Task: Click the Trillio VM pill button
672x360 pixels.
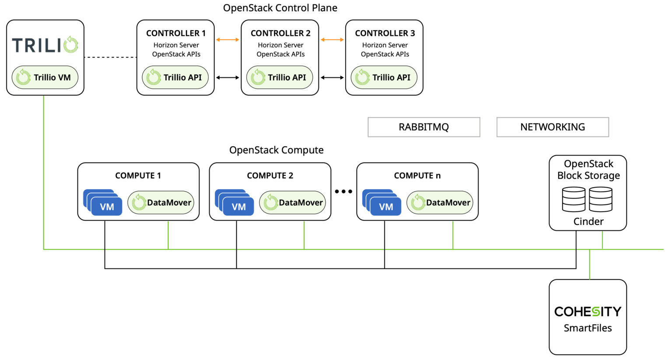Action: coord(45,77)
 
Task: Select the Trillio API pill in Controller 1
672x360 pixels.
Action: coord(175,77)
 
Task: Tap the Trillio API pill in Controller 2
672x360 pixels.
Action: coord(280,77)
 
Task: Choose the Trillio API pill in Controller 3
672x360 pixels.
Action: coord(384,77)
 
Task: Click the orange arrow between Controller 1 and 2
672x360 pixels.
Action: coord(228,40)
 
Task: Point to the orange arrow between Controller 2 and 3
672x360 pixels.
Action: coord(332,40)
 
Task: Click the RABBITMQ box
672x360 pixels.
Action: coord(423,127)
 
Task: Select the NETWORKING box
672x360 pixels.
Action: coord(553,127)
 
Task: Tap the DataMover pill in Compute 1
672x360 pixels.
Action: coord(161,203)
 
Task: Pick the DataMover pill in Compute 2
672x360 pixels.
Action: coord(293,203)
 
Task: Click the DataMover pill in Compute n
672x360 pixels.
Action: coord(440,203)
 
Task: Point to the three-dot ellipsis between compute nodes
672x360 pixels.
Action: coord(343,192)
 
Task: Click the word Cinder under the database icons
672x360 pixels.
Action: coord(588,222)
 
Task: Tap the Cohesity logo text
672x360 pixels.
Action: coord(588,311)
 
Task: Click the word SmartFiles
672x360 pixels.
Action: coord(588,328)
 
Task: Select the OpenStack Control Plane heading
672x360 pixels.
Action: coord(280,8)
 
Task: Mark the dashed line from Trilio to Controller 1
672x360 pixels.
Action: coord(110,57)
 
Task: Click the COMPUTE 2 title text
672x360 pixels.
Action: coord(270,176)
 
